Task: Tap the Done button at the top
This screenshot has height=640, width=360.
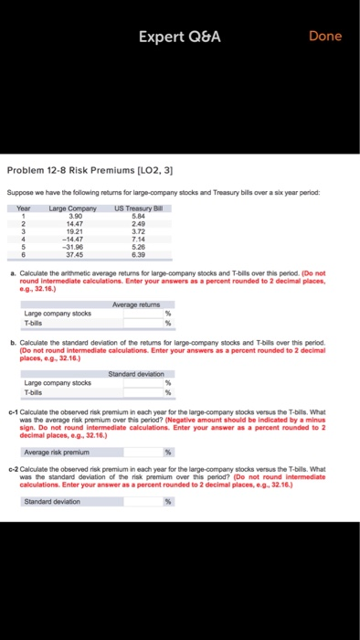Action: coord(325,37)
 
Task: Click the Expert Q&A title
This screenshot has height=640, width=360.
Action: coord(179,37)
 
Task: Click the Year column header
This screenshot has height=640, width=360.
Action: coord(25,208)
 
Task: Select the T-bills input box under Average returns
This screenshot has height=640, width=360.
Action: coord(134,321)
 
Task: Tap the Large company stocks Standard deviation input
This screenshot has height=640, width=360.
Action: coord(134,383)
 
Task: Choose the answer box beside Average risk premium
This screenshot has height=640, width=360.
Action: coord(134,453)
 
